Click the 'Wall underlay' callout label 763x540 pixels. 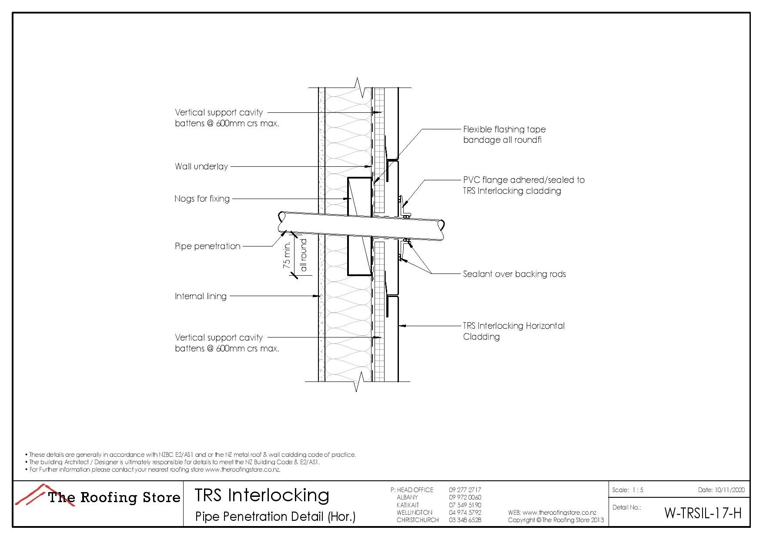point(201,166)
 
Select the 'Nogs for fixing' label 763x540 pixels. point(202,199)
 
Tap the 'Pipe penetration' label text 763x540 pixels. point(207,246)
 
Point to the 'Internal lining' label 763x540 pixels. point(201,296)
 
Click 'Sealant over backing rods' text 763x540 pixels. point(514,274)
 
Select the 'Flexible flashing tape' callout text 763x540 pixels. point(504,129)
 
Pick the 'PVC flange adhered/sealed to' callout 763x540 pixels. point(524,180)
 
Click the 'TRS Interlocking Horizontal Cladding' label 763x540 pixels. point(513,331)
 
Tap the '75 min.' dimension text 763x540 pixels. point(287,256)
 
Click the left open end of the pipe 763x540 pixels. point(281,222)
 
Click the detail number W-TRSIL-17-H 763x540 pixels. point(702,513)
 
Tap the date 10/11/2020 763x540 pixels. point(730,490)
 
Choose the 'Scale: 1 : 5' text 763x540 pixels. point(627,490)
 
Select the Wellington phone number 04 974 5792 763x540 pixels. point(465,513)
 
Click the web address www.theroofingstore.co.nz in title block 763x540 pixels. point(559,513)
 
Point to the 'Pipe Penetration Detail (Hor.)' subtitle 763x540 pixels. point(275,516)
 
